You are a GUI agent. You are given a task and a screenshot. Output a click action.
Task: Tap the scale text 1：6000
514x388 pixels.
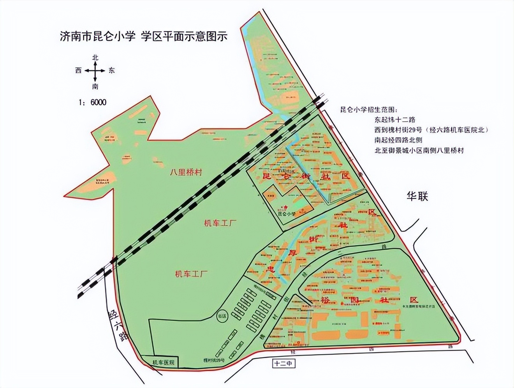(92, 102)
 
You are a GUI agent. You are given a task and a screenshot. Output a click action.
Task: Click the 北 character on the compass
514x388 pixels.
(95, 58)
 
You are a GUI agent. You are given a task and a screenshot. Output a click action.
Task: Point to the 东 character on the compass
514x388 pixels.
(112, 71)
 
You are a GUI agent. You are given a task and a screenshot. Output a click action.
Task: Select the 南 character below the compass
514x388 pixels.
(95, 86)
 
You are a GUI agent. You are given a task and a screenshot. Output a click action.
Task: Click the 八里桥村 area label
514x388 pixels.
(186, 173)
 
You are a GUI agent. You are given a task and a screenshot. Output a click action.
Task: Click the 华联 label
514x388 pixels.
(417, 196)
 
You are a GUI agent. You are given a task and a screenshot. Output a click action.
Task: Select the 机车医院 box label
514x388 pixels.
(163, 362)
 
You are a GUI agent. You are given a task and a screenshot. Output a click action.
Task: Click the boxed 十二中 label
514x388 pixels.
(283, 364)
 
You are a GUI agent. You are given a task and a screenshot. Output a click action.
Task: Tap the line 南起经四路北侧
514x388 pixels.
(398, 140)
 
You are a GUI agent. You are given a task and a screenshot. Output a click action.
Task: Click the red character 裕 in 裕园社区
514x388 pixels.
(326, 301)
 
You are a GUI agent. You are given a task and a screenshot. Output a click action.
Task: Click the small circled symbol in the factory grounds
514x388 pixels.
(222, 316)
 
